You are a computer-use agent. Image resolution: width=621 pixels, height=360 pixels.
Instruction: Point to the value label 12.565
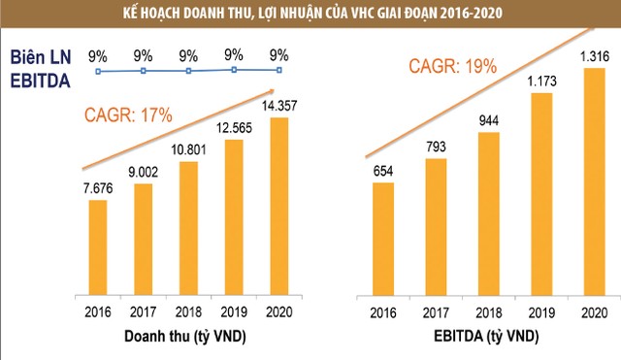tap(234, 127)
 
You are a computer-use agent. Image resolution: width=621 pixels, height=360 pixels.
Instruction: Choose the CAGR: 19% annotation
tap(452, 67)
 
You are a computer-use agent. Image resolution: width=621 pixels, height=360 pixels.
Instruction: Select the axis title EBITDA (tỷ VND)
tap(487, 337)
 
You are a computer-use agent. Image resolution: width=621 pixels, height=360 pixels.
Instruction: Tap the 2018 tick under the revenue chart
tap(188, 313)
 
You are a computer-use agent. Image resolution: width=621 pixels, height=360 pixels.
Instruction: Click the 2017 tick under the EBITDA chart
tap(438, 313)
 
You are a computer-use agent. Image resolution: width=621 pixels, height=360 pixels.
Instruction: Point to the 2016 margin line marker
tap(99, 71)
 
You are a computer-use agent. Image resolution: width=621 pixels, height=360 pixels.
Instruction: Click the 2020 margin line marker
tap(279, 70)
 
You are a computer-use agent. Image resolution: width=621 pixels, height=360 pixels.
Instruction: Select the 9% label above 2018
tap(188, 55)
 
